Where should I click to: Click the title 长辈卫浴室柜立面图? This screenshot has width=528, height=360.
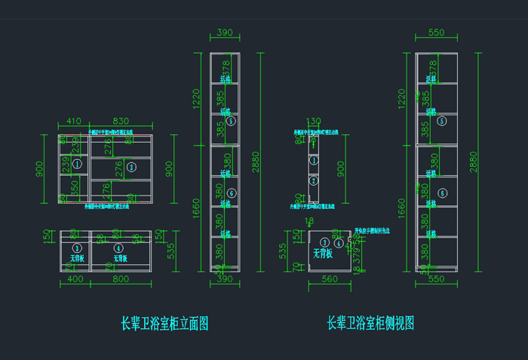165,324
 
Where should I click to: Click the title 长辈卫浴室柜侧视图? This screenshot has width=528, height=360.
370,324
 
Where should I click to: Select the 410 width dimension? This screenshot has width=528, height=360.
73,122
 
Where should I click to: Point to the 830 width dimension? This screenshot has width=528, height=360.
121,122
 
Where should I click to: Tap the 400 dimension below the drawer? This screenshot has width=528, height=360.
75,279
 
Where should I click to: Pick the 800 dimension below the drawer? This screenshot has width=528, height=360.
121,279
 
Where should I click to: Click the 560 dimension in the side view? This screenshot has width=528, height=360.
329,279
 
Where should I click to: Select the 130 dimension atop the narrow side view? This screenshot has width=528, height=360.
313,122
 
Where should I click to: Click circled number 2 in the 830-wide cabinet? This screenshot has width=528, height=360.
130,166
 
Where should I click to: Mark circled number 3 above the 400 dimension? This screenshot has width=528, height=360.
76,248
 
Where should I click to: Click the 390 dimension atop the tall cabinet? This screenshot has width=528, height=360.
224,33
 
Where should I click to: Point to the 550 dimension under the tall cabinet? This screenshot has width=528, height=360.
436,279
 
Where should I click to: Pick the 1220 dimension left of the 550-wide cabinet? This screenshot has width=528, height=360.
402,98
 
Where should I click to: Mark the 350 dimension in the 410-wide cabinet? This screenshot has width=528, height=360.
74,186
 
